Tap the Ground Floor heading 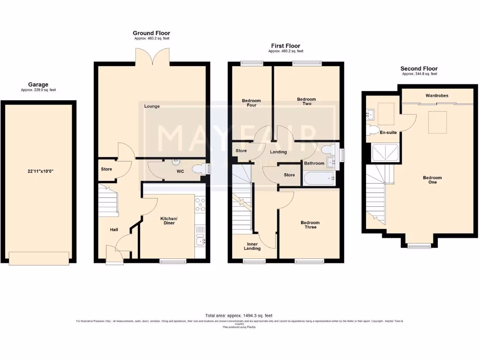pyautogui.click(x=151, y=33)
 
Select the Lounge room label pyautogui.click(x=152, y=106)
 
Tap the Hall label pyautogui.click(x=114, y=230)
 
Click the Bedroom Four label pyautogui.click(x=252, y=103)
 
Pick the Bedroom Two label pyautogui.click(x=307, y=102)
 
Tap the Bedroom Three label pyautogui.click(x=310, y=225)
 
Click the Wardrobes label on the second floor pyautogui.click(x=436, y=96)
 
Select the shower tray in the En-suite pyautogui.click(x=384, y=153)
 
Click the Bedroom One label pyautogui.click(x=432, y=180)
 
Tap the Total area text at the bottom pyautogui.click(x=239, y=316)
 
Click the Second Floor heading pyautogui.click(x=419, y=68)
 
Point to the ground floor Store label pyautogui.click(x=106, y=169)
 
